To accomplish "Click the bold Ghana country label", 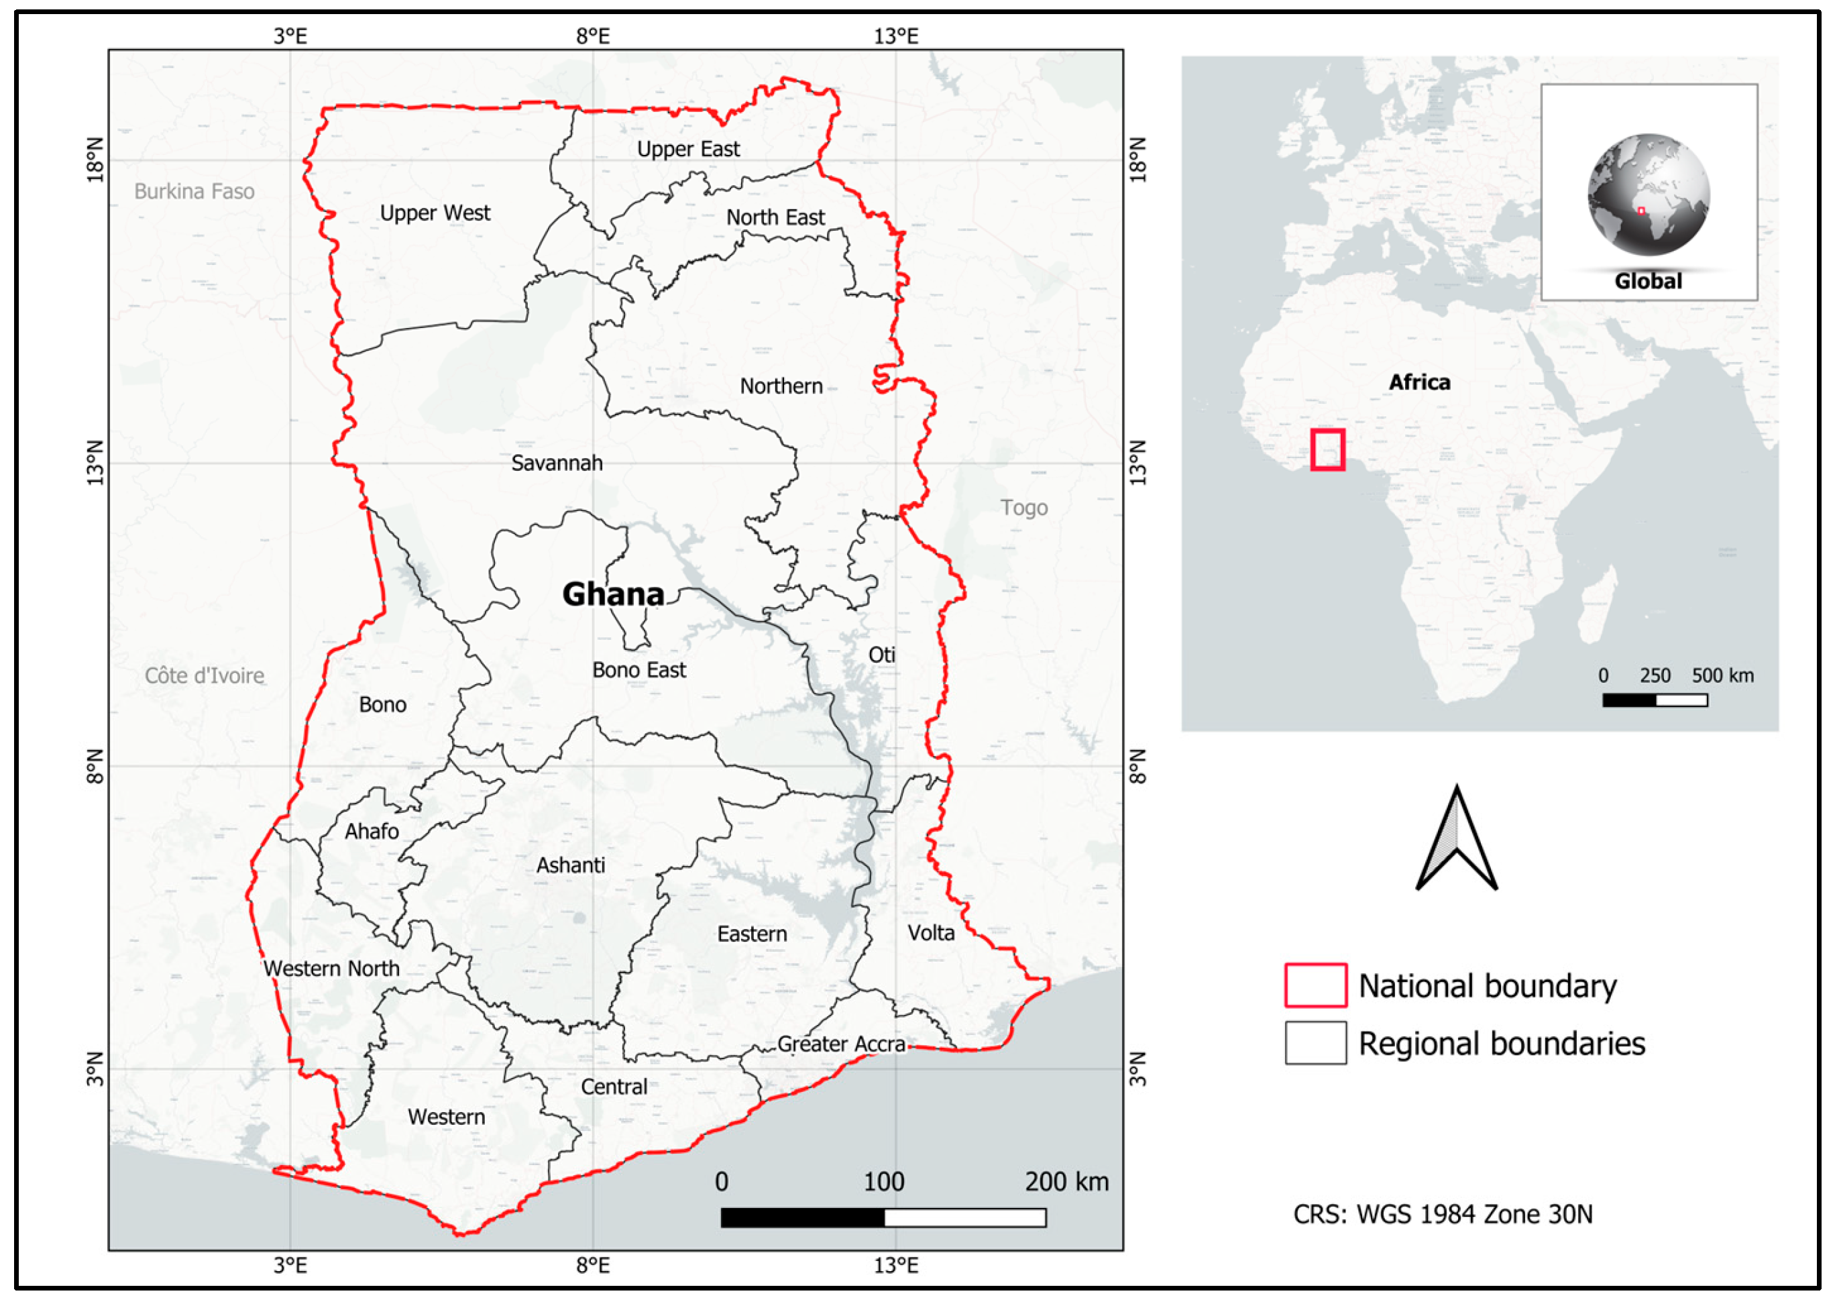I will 613,595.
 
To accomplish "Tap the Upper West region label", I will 435,213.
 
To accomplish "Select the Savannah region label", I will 557,463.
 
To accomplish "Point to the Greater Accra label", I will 841,1044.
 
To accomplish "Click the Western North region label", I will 331,968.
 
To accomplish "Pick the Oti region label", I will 882,655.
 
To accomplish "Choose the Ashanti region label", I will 570,865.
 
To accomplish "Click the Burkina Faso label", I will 194,191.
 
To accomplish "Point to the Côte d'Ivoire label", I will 205,675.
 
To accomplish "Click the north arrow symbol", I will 1457,842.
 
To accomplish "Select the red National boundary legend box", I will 1315,985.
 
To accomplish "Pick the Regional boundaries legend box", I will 1315,1042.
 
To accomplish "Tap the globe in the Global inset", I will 1649,195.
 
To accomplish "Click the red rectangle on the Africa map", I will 1327,450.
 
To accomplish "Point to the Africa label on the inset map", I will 1420,382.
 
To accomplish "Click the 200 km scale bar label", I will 1067,1181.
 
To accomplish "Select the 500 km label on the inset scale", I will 1723,675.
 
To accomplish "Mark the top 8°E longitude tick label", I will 593,36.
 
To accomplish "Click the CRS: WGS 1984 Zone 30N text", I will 1442,1213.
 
